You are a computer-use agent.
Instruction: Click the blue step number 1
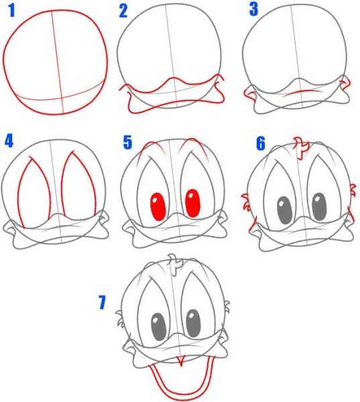(11, 11)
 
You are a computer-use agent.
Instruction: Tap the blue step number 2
(123, 11)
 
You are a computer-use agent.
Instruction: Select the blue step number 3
(253, 9)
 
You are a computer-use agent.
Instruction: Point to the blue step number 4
(9, 141)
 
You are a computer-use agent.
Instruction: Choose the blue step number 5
(127, 143)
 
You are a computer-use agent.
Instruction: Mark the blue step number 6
(261, 143)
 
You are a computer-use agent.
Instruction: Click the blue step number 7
(102, 302)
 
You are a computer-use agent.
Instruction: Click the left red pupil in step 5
(158, 207)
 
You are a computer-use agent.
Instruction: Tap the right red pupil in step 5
(192, 203)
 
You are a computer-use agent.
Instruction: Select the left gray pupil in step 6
(284, 210)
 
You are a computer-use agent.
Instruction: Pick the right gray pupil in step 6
(320, 206)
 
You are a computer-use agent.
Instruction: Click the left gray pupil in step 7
(159, 327)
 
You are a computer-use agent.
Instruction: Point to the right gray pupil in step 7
(193, 324)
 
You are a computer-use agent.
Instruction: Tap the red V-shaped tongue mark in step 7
(182, 360)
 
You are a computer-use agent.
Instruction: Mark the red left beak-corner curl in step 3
(250, 94)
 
